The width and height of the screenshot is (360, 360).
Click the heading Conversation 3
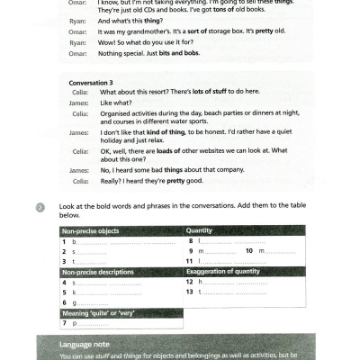click(89, 82)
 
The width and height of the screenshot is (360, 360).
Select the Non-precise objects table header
click(91, 232)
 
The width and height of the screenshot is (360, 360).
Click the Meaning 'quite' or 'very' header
click(104, 312)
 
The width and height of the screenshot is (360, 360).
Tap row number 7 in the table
click(64, 322)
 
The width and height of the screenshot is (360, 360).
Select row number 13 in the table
click(190, 292)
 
